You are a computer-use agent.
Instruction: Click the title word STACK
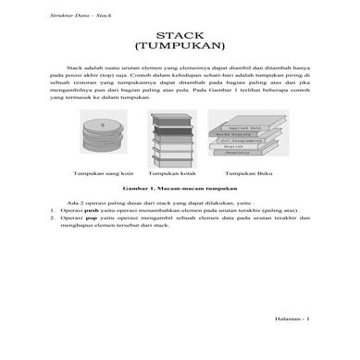pos(179,32)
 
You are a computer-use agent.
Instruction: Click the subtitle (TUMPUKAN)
pos(179,44)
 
